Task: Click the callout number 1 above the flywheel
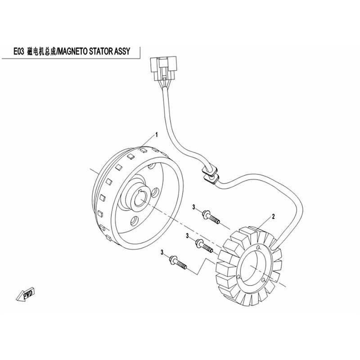pyautogui.click(x=157, y=135)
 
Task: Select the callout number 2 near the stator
pyautogui.click(x=273, y=216)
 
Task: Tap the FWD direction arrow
pyautogui.click(x=26, y=294)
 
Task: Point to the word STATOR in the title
pyautogui.click(x=100, y=51)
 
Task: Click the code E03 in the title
pyautogui.click(x=18, y=51)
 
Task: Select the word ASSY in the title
pyautogui.click(x=121, y=51)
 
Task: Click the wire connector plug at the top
pyautogui.click(x=163, y=68)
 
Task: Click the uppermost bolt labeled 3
pyautogui.click(x=211, y=217)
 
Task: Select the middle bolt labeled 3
pyautogui.click(x=204, y=245)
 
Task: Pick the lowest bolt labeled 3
pyautogui.click(x=178, y=262)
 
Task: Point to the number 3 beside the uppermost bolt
pyautogui.click(x=194, y=207)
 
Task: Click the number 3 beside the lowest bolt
pyautogui.click(x=162, y=252)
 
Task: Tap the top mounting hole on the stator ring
pyautogui.click(x=259, y=247)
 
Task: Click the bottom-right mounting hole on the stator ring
pyautogui.click(x=264, y=280)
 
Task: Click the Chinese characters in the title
pyautogui.click(x=41, y=51)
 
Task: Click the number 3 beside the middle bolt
pyautogui.click(x=187, y=236)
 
